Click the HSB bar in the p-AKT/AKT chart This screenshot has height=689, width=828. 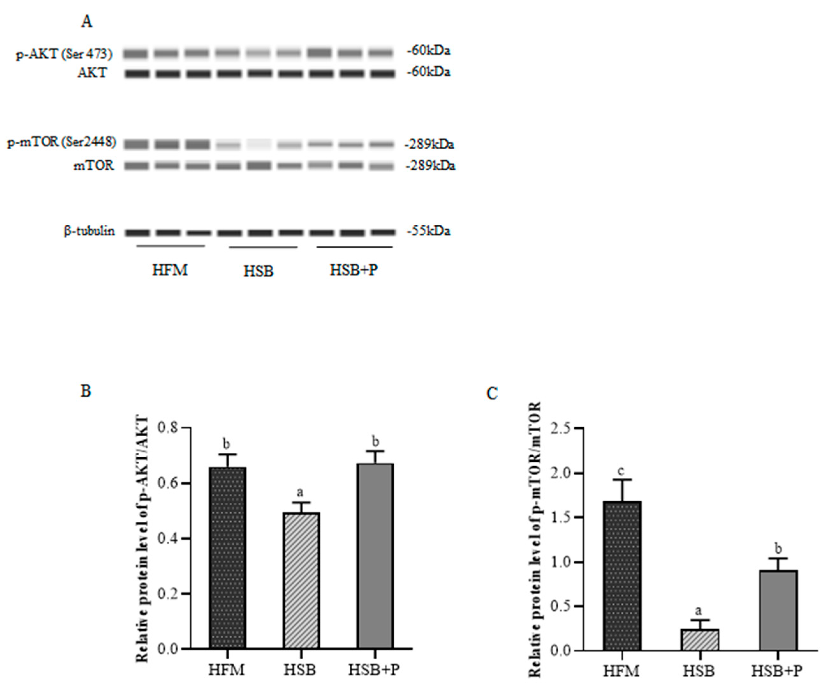tap(301, 580)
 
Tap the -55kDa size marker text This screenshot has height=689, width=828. tap(429, 231)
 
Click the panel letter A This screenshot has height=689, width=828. tap(87, 22)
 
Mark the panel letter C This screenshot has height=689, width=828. tap(492, 393)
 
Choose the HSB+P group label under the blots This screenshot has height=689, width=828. tap(354, 270)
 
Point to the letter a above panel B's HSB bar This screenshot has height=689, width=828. tap(300, 492)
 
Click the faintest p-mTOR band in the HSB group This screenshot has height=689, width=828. tap(259, 145)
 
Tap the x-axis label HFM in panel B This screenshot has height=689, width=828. tap(227, 670)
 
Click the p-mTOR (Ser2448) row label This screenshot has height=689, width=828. tap(62, 142)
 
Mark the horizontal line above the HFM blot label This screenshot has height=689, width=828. tap(170, 246)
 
